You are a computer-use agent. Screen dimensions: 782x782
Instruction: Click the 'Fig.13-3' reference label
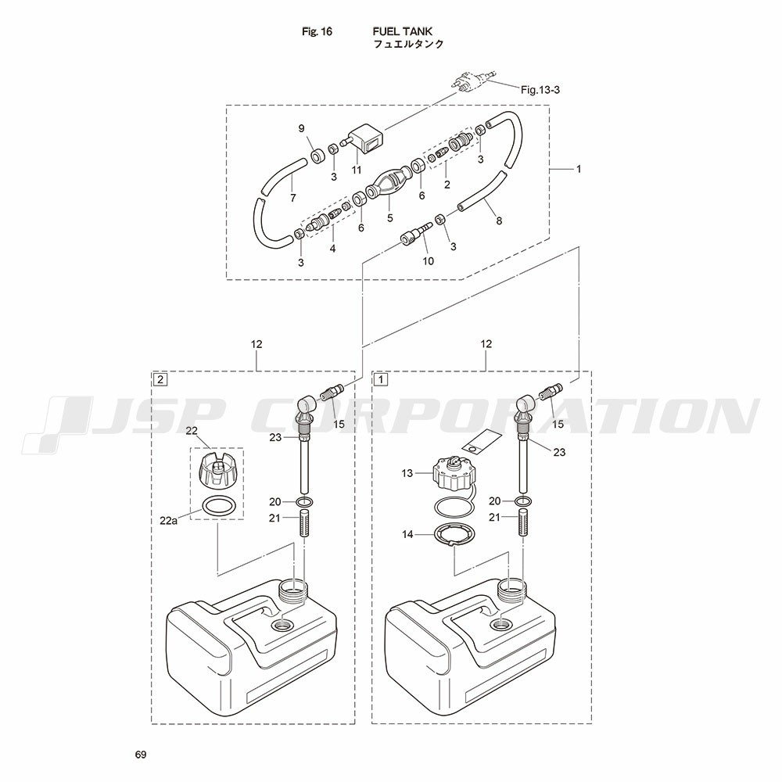[x=540, y=90]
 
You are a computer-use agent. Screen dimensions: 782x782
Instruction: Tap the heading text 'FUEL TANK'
[x=403, y=31]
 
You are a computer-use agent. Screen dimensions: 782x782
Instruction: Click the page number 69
[x=141, y=755]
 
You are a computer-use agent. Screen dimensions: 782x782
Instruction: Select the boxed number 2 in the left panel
[x=160, y=379]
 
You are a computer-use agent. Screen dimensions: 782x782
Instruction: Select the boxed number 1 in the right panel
[x=381, y=379]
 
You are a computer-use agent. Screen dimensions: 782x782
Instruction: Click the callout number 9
[x=301, y=129]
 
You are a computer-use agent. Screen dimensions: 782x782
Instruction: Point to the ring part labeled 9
[x=317, y=156]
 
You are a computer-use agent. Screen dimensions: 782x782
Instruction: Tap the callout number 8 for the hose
[x=499, y=221]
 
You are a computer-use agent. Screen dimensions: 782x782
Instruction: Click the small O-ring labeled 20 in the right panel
[x=522, y=500]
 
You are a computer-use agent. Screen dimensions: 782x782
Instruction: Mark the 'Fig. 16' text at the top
[x=317, y=32]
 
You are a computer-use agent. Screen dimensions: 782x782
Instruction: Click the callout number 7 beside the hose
[x=293, y=198]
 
